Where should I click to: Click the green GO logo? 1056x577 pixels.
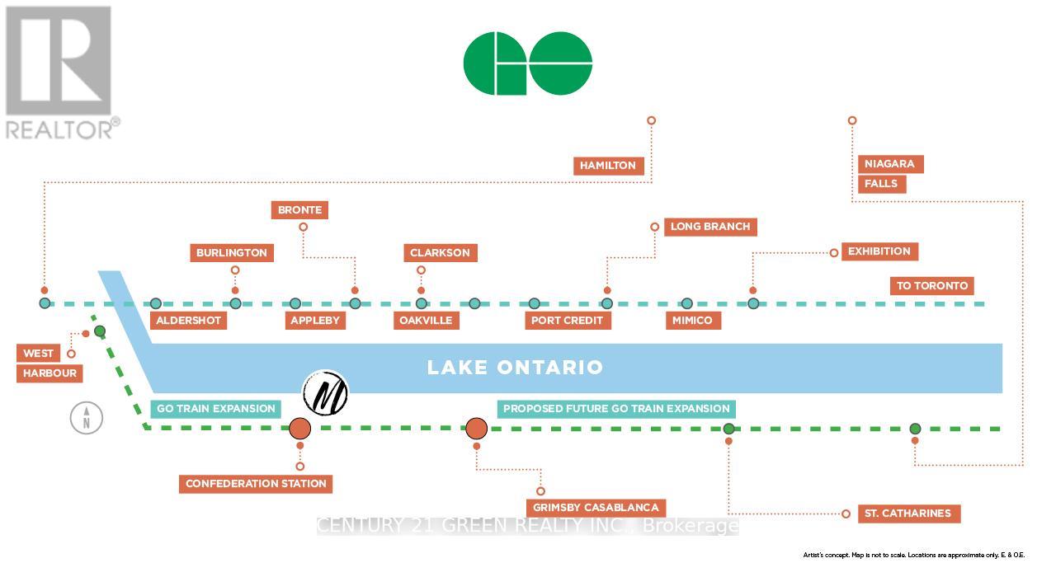click(528, 63)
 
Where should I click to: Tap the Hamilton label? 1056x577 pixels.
click(608, 166)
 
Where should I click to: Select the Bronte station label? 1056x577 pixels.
click(299, 210)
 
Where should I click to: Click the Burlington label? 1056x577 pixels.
click(232, 253)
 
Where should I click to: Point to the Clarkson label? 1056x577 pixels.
click(440, 253)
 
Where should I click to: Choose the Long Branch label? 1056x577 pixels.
click(709, 227)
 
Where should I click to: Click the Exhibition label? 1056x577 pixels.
click(879, 251)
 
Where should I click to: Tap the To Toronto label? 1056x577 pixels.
click(932, 286)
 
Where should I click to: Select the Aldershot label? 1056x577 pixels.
click(188, 320)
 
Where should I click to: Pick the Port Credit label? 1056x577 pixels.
click(568, 320)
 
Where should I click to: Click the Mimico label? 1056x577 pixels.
click(693, 320)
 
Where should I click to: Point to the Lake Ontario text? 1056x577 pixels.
click(515, 368)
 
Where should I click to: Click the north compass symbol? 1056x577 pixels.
click(86, 418)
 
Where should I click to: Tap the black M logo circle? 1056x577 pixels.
click(326, 393)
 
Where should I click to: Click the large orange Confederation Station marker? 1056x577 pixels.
click(299, 429)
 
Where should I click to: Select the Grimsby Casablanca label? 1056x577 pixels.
click(596, 508)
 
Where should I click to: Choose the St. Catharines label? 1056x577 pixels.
click(907, 514)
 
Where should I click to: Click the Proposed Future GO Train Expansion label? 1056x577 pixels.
click(616, 409)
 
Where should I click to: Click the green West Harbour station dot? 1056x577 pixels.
click(100, 331)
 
